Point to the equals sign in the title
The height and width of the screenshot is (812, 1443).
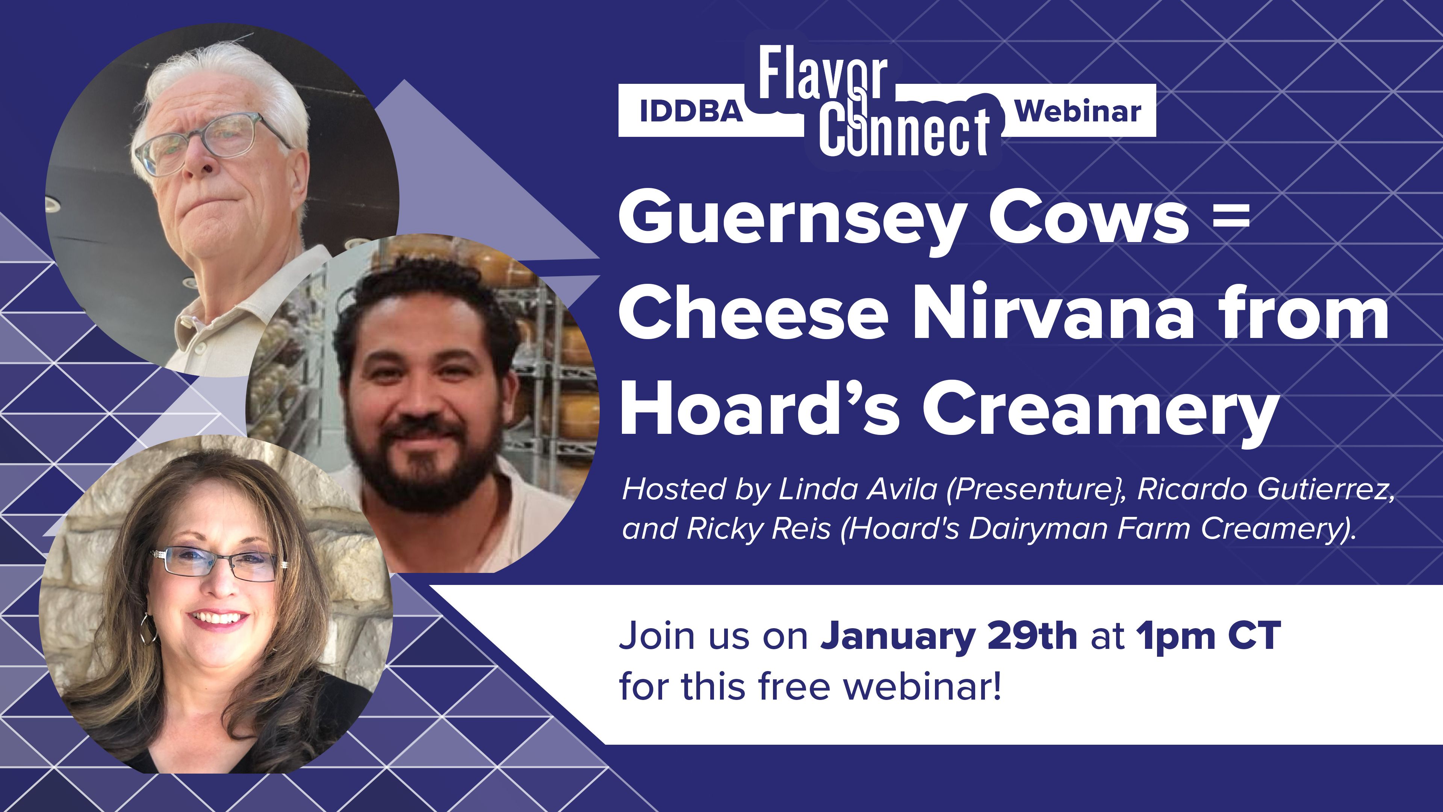(x=1231, y=215)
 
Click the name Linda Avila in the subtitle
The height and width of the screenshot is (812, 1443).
(x=858, y=489)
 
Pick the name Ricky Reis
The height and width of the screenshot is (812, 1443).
(x=759, y=529)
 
